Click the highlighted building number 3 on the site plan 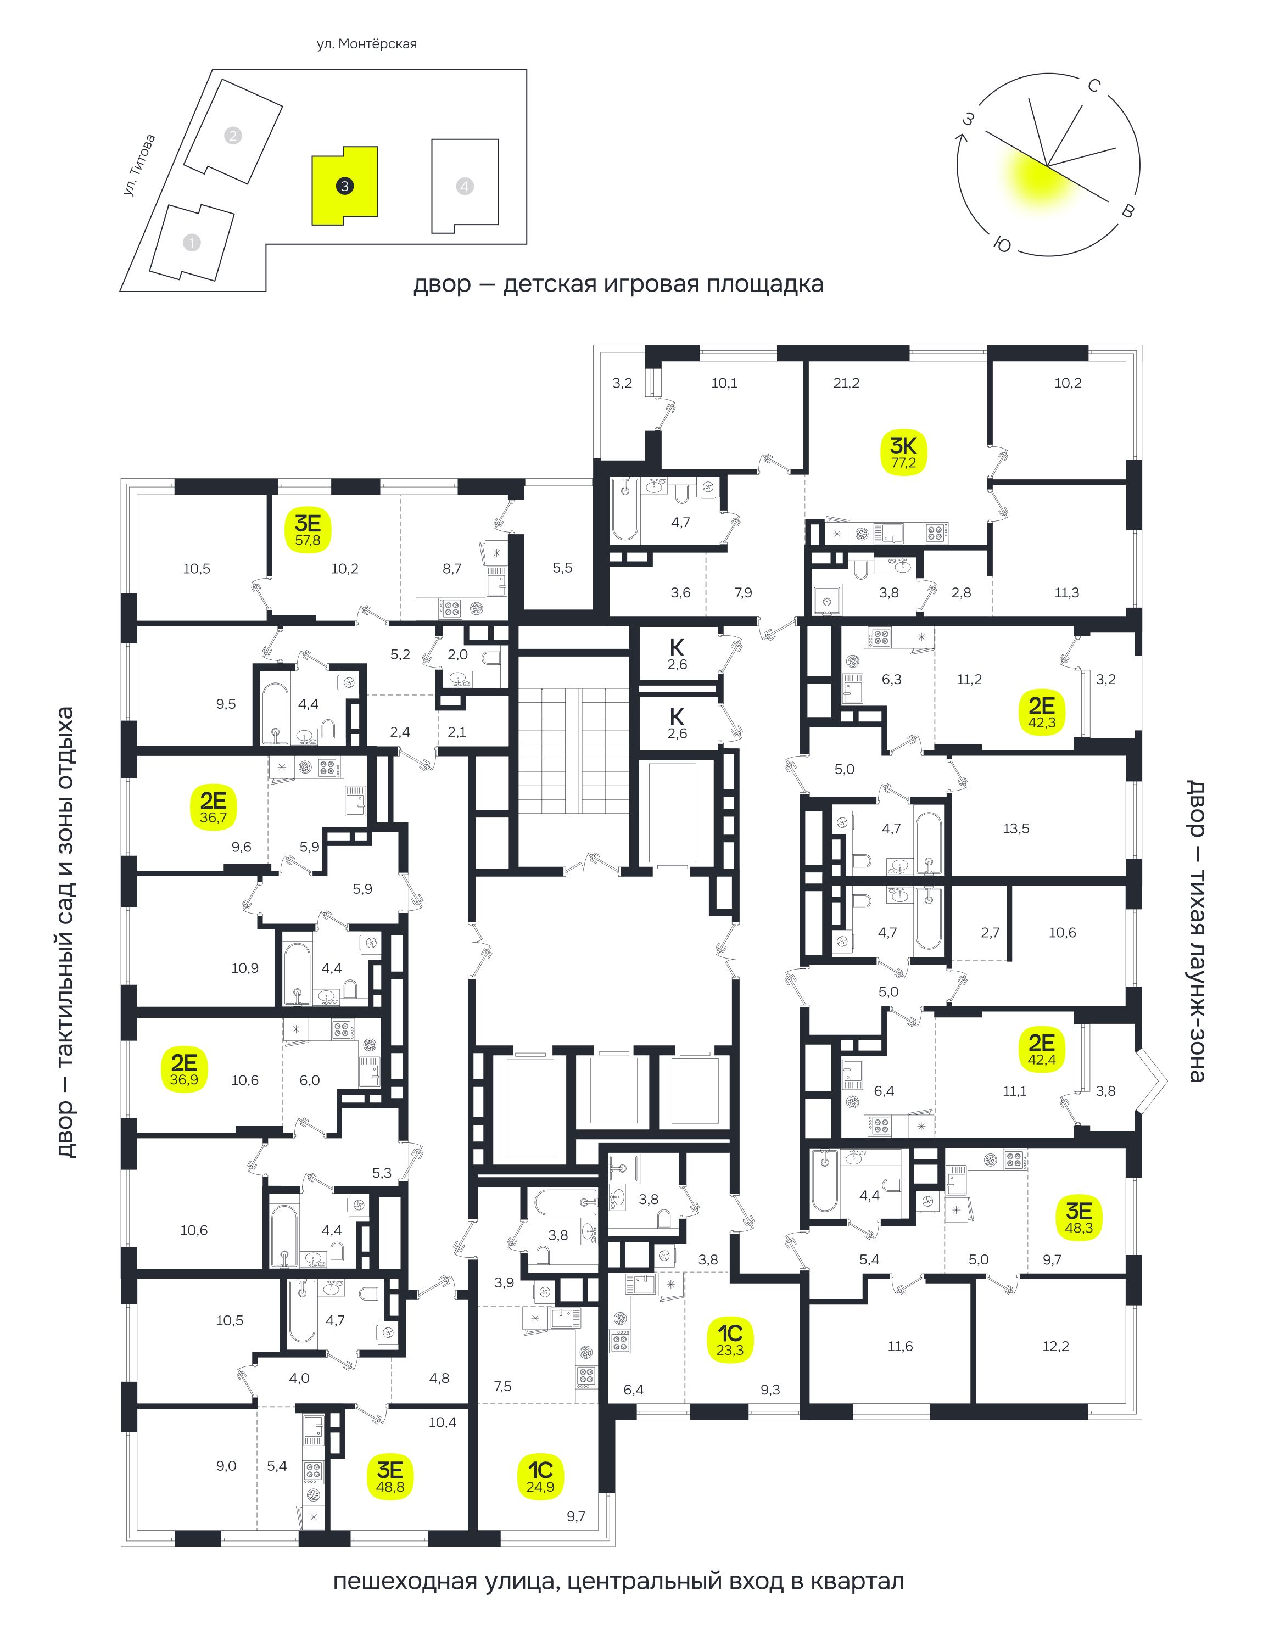(344, 186)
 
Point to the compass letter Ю (1002, 245)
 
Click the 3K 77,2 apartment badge (904, 452)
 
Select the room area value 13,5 (1016, 829)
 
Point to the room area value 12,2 (1055, 1346)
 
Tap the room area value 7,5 (503, 1386)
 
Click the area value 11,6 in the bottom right (900, 1346)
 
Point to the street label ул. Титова (140, 166)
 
